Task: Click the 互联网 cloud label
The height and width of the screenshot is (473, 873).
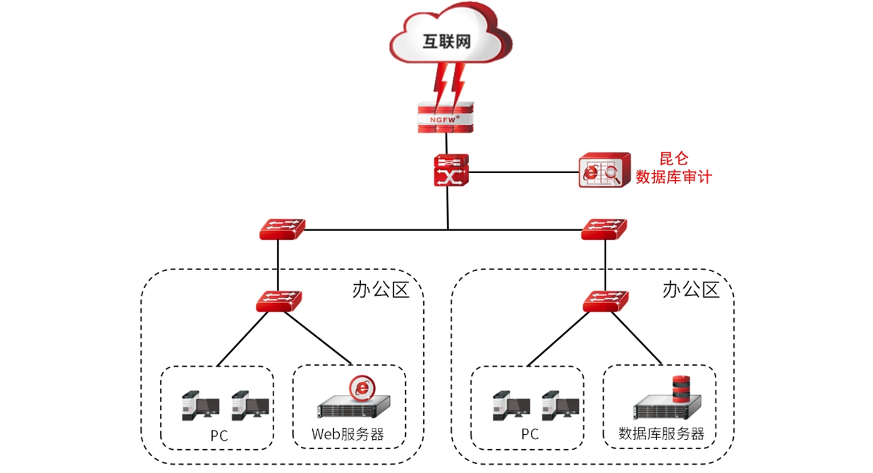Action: click(x=446, y=42)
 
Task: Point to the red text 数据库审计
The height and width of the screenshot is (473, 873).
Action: click(x=673, y=177)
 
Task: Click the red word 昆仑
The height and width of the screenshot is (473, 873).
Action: click(x=673, y=159)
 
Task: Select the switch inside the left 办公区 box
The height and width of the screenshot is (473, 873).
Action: click(x=279, y=302)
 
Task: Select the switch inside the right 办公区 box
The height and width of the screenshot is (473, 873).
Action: click(x=604, y=302)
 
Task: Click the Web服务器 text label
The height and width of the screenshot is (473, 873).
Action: click(x=348, y=434)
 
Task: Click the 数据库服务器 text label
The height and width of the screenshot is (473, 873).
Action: click(x=661, y=434)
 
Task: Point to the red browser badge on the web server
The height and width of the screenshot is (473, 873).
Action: click(x=361, y=387)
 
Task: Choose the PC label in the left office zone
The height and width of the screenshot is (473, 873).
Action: click(x=219, y=436)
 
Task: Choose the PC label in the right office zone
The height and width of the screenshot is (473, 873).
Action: click(x=530, y=434)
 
